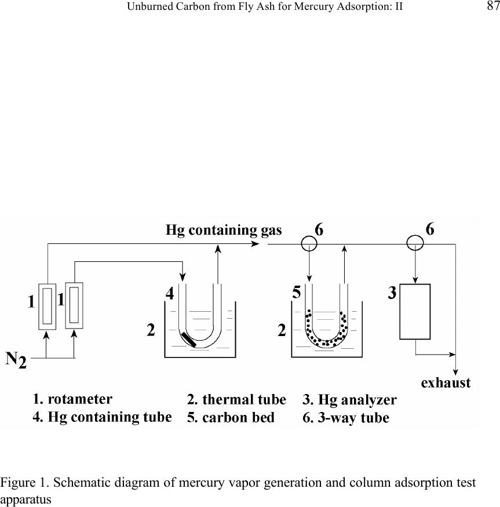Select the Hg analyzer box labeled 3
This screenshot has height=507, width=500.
415,311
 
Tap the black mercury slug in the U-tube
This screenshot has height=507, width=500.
188,340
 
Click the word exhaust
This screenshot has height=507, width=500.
446,382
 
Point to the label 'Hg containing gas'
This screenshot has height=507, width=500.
224,230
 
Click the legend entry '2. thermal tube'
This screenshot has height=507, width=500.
236,399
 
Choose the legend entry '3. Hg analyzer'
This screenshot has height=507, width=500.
349,399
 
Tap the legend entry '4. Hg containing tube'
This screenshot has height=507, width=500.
102,417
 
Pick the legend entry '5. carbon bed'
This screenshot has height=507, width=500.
231,418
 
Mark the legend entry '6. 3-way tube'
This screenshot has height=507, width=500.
345,418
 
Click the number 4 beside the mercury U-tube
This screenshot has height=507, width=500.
170,294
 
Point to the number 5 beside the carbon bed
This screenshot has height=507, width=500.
296,293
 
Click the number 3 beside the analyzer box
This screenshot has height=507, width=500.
392,294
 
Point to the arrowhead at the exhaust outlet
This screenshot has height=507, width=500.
457,371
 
